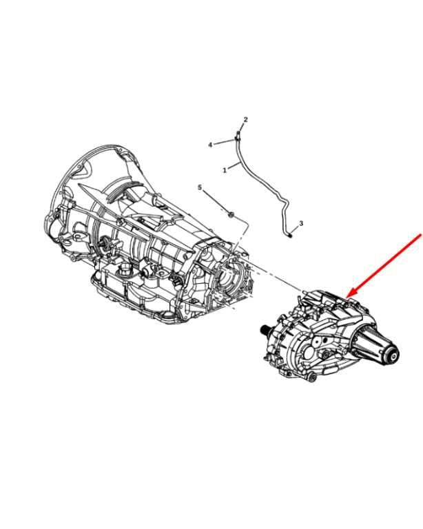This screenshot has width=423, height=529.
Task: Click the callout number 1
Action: point(225,170)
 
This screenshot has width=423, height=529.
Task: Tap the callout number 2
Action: point(245,119)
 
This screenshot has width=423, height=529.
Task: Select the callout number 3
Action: point(301,223)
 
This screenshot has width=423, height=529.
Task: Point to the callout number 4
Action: point(211,145)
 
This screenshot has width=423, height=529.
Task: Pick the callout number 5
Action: point(200,187)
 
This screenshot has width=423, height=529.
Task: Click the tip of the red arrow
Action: point(347,298)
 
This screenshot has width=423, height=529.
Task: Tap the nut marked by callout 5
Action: point(231,214)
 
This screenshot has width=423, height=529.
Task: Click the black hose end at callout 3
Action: point(291,234)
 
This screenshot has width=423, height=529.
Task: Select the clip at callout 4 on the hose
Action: point(236,139)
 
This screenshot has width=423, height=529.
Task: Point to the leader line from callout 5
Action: point(215,200)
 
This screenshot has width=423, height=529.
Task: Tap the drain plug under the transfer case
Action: point(311,377)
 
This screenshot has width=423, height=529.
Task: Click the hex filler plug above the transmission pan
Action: point(125,269)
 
